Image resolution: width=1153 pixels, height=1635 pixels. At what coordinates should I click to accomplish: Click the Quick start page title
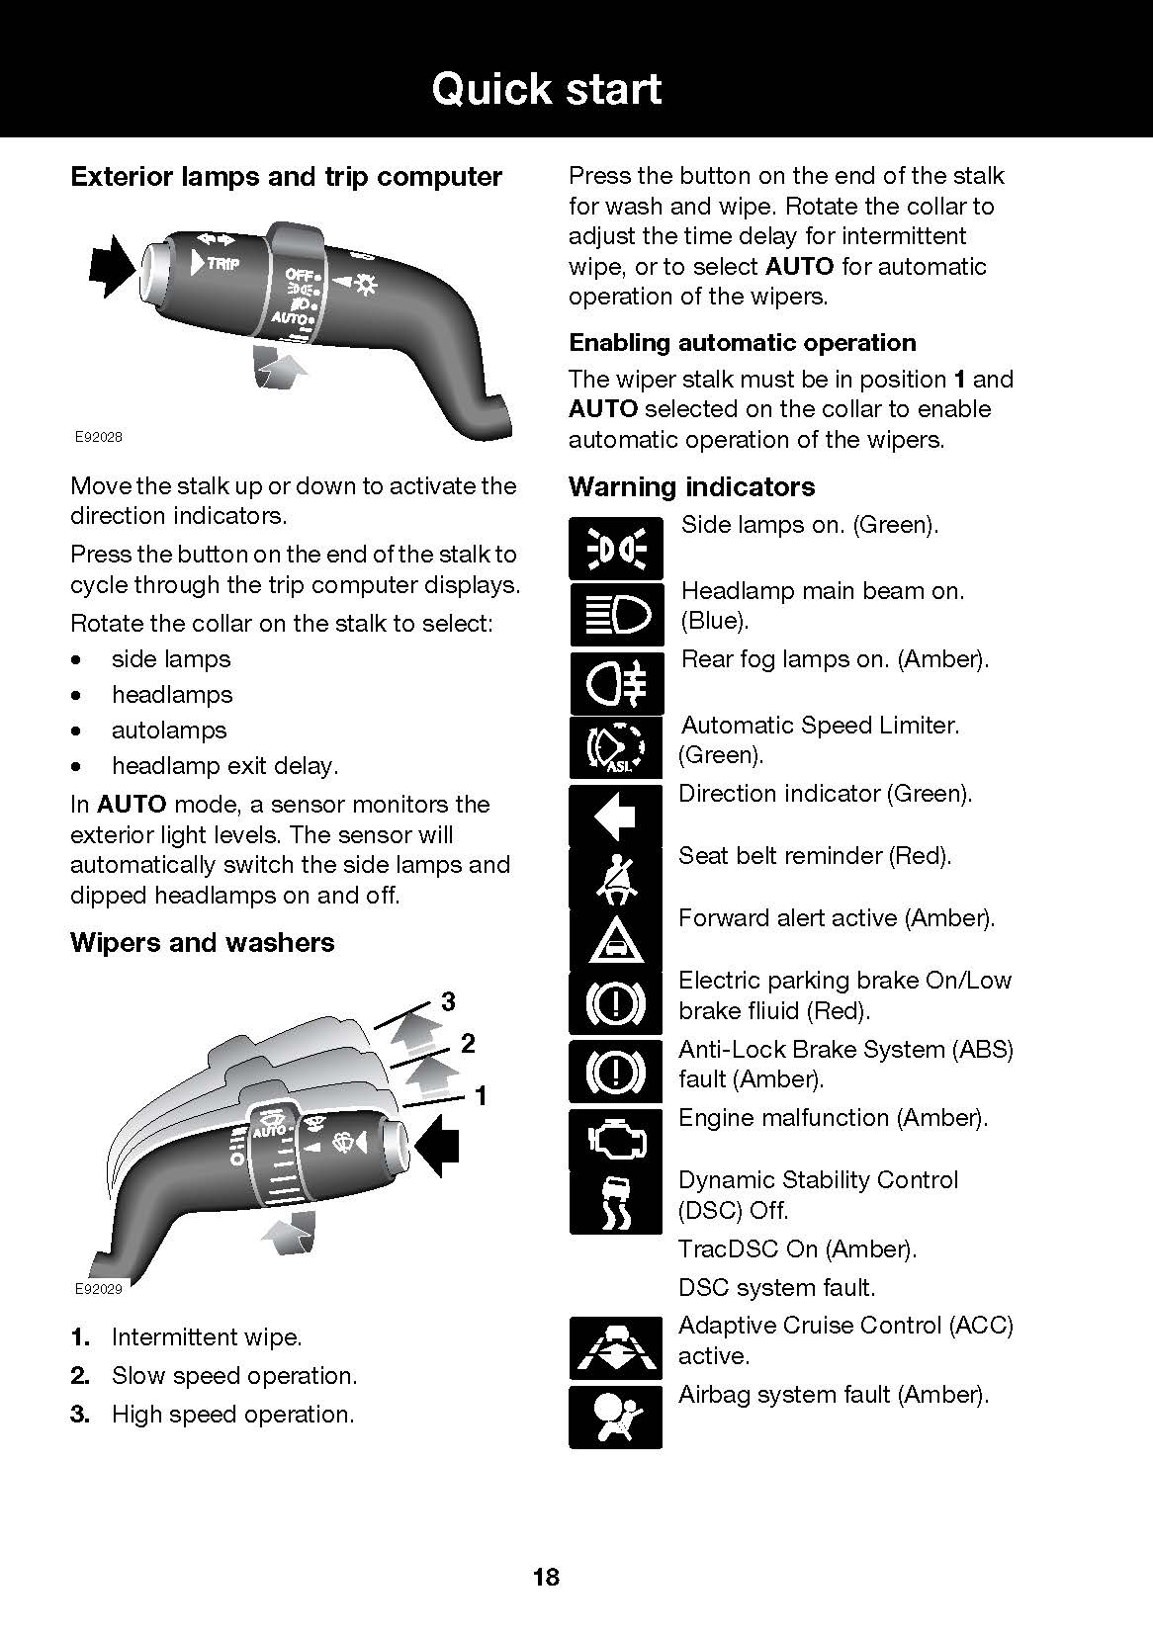(546, 89)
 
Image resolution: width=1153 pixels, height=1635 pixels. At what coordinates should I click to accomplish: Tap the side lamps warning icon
(615, 548)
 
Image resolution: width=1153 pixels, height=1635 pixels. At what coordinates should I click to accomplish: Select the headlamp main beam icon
(615, 614)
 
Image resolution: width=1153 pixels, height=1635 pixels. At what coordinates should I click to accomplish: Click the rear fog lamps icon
(615, 683)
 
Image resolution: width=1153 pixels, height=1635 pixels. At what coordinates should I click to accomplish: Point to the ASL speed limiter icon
(615, 748)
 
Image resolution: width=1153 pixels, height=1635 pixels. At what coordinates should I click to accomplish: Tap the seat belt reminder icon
(615, 877)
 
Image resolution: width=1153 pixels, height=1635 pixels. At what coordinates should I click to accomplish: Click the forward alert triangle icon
(615, 940)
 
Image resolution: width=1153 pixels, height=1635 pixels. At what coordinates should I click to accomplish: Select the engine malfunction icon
(615, 1140)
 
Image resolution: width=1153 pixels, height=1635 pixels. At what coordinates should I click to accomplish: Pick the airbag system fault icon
(615, 1417)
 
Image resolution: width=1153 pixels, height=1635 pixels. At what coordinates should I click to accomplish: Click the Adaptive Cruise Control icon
(615, 1348)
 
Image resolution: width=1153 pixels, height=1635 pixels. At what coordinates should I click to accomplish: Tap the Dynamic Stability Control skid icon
(615, 1201)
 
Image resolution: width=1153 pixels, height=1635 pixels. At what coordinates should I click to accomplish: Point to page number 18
(546, 1577)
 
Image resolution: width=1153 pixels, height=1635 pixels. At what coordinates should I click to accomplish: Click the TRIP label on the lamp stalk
(222, 264)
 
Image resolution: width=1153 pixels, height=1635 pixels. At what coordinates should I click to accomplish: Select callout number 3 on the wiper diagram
(448, 1002)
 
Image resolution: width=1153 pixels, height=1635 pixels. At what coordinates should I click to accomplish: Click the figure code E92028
(99, 436)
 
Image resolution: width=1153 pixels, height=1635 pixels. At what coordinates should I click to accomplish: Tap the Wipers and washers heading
(203, 942)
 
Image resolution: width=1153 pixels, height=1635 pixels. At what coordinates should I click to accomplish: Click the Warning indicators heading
(691, 486)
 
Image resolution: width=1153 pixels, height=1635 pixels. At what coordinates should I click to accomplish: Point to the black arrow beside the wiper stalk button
(438, 1147)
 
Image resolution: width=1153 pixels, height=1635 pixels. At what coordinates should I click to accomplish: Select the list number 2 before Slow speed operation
(80, 1376)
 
